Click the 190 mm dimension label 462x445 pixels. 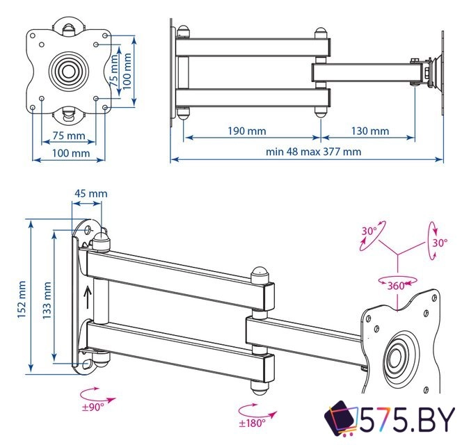click(246, 131)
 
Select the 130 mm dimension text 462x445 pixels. click(369, 131)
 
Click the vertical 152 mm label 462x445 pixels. click(22, 298)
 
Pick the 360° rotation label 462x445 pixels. click(397, 286)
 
